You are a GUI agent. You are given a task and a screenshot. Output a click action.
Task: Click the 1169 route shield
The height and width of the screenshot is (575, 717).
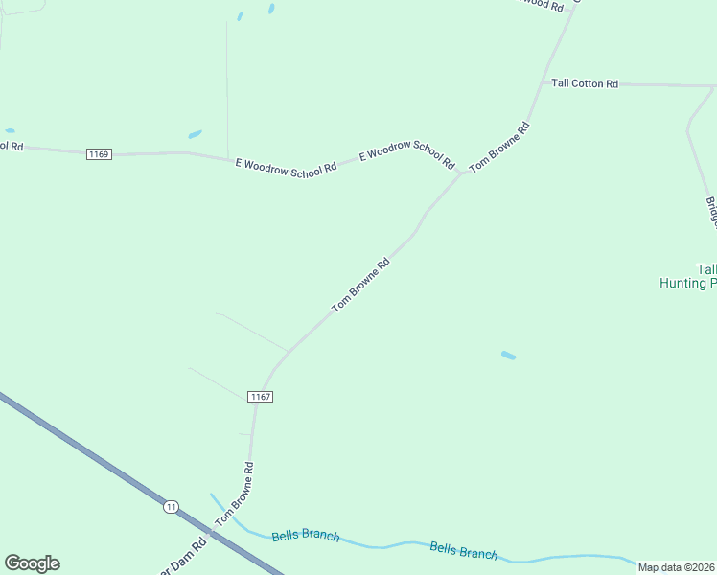coord(98,154)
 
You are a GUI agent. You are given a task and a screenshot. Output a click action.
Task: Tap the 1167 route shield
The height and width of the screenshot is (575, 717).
coord(260,397)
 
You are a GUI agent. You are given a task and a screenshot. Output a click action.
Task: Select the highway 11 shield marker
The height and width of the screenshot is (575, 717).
coord(171,506)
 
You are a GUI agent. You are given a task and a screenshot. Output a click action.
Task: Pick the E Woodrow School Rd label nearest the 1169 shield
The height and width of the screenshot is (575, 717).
coord(286,167)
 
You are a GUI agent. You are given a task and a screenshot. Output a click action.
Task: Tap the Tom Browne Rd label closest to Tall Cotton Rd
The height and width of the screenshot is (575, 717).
coord(498,147)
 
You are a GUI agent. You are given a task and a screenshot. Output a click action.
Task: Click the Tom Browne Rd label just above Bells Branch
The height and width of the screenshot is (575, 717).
coord(234,493)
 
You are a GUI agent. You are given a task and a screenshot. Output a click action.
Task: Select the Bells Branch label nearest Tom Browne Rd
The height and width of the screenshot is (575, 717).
coord(305,535)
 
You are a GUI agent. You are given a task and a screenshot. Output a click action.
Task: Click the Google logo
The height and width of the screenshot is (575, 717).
coord(32,563)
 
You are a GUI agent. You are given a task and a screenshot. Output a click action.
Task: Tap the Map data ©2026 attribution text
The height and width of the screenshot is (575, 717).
coord(677,567)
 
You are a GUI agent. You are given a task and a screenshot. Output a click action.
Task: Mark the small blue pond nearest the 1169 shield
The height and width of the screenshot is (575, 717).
coord(195,134)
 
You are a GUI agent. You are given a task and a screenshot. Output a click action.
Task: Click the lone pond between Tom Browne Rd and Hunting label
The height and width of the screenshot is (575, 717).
coord(508,356)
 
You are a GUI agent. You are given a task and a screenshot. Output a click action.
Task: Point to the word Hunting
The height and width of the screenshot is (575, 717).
coord(682,283)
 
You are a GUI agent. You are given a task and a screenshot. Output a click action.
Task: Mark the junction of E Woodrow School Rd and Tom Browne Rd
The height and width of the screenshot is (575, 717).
coord(461,173)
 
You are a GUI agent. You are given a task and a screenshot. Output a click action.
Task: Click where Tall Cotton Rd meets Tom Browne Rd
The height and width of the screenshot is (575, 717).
coord(544,83)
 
